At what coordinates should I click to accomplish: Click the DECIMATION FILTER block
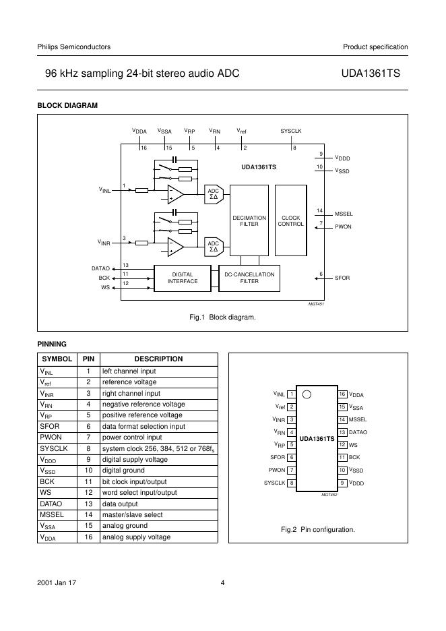(x=249, y=221)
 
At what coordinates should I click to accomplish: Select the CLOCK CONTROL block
(x=290, y=221)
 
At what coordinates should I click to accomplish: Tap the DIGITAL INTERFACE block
(x=183, y=278)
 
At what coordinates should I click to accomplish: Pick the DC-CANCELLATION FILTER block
(x=249, y=278)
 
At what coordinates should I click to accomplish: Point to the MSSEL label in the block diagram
(x=344, y=214)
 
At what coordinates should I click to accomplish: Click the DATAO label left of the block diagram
(x=100, y=268)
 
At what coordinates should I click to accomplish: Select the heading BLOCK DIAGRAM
(x=67, y=105)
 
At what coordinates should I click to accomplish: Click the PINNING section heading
(x=52, y=344)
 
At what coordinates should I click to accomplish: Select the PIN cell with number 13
(x=88, y=504)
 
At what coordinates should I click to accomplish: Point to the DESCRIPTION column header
(x=158, y=359)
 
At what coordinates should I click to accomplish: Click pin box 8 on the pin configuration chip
(x=291, y=483)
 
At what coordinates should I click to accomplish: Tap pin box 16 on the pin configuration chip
(x=342, y=394)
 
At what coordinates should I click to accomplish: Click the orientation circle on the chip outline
(x=307, y=394)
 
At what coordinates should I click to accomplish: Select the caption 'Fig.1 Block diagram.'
(x=223, y=317)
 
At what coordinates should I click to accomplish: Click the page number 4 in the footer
(x=222, y=583)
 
